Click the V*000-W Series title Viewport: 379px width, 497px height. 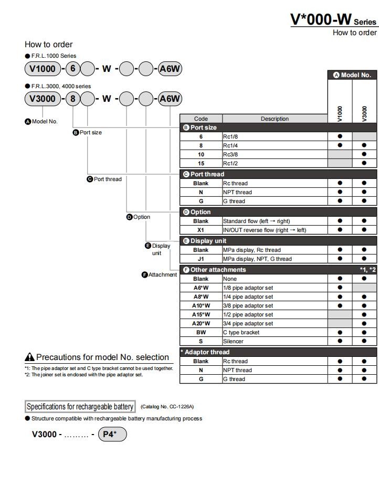(333, 19)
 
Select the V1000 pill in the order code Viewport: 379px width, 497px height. (43, 69)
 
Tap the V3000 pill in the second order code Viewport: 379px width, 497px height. (43, 99)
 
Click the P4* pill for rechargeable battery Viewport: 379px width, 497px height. (112, 435)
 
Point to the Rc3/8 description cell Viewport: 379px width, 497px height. (275, 154)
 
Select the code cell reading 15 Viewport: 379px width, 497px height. (201, 163)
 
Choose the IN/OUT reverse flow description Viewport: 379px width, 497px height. (275, 230)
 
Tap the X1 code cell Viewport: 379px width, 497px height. (201, 230)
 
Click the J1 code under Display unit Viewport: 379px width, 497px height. (201, 259)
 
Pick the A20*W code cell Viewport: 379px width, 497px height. (201, 323)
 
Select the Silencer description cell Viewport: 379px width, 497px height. (275, 341)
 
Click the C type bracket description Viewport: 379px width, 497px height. (275, 332)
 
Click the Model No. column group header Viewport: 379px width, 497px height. (352, 75)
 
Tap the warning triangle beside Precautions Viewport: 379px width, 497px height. (30, 357)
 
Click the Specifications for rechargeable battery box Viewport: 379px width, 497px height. (80, 407)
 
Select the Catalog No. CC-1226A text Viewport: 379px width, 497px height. (167, 407)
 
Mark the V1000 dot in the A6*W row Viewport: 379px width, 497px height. (340, 288)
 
